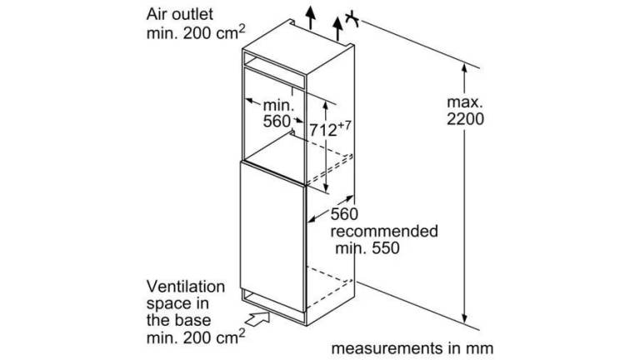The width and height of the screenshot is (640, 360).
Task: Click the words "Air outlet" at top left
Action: tap(180, 14)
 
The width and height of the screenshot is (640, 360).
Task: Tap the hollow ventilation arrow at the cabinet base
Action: tap(258, 317)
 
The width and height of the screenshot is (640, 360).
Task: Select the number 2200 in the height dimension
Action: tap(465, 119)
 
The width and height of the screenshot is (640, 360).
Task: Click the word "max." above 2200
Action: tap(465, 102)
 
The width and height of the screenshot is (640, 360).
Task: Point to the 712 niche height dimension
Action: tap(322, 130)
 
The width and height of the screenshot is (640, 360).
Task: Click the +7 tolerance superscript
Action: tap(344, 125)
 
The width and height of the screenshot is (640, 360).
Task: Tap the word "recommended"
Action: tap(384, 232)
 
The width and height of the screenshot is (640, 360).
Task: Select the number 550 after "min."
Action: tap(386, 247)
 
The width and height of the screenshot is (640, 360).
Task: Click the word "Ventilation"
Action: tap(186, 287)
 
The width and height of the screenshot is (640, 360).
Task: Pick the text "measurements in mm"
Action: tap(412, 348)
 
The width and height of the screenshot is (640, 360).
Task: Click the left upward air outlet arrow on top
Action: tap(311, 18)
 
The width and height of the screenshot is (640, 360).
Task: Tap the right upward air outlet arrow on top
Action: tap(337, 28)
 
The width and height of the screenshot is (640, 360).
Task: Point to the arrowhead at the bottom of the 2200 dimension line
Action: tap(464, 318)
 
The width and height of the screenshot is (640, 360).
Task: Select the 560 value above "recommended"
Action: tap(344, 214)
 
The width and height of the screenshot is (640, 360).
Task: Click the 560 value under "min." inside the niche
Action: tap(277, 121)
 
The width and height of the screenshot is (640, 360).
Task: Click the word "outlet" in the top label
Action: tap(192, 14)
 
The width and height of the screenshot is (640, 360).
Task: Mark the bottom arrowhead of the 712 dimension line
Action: tap(325, 187)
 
